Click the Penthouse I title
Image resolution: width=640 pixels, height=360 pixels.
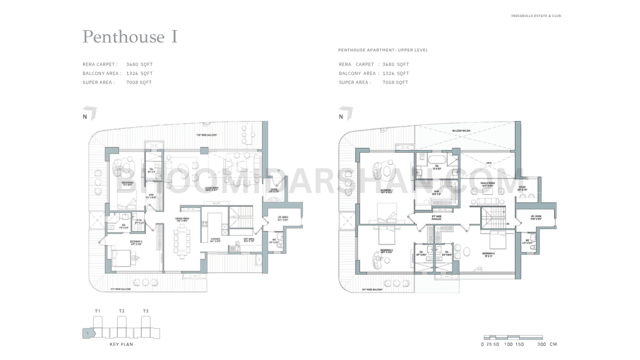click(130, 37)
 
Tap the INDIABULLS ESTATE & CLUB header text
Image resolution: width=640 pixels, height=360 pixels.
click(536, 16)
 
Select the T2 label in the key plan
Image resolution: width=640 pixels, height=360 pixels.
click(121, 311)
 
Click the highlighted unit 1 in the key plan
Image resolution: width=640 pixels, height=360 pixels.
click(87, 333)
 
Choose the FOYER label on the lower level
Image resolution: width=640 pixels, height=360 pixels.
click(274, 190)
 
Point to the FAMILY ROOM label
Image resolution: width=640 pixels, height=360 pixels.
click(487, 184)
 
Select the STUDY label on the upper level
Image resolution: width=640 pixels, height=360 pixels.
click(522, 188)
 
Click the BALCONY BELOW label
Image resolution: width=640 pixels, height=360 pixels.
click(461, 131)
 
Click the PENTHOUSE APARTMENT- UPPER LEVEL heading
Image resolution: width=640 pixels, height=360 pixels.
click(383, 50)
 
